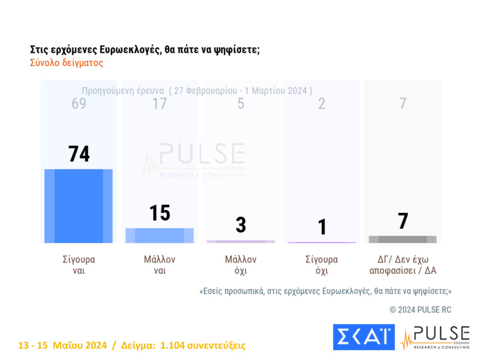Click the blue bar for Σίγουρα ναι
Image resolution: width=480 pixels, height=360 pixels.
tap(79, 206)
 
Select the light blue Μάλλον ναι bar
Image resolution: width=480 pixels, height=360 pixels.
tap(159, 235)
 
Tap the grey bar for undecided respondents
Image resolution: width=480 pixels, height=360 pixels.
tap(403, 239)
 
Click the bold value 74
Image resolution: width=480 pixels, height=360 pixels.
tap(79, 154)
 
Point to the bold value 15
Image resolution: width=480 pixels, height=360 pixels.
tap(160, 213)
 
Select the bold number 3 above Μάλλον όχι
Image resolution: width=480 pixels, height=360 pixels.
tap(241, 225)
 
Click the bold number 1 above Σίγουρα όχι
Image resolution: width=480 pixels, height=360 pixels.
tap(322, 227)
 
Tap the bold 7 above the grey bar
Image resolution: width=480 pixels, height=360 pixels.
tap(403, 221)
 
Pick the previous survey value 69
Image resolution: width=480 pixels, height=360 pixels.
tap(79, 104)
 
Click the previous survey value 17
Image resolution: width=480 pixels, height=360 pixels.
tap(159, 104)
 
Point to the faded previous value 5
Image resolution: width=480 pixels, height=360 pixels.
tap(241, 104)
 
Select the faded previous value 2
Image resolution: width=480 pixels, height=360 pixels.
tap(322, 104)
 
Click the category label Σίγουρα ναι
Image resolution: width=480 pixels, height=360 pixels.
tap(79, 265)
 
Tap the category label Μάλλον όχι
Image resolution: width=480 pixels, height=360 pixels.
tap(241, 265)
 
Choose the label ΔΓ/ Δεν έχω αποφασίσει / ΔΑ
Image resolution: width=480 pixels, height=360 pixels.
tap(403, 265)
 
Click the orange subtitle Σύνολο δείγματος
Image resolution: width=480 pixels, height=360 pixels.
tap(67, 63)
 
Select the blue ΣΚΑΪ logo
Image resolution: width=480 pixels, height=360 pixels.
tap(363, 337)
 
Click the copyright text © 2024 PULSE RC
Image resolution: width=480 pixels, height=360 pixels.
tap(420, 310)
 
